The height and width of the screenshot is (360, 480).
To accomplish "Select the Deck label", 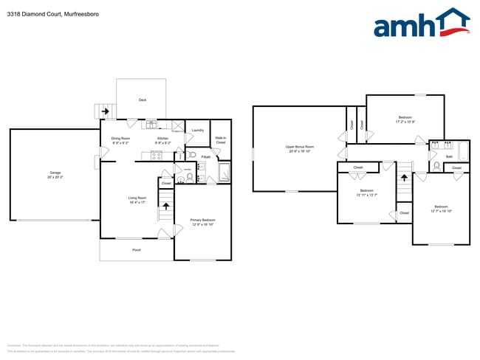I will (x=142, y=100).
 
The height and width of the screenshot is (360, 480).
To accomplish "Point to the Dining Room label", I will (x=120, y=138).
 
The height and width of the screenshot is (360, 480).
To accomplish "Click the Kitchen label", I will (x=163, y=138).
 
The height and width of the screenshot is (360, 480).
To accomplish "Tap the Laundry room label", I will (x=197, y=130).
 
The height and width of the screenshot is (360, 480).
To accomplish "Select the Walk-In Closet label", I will (x=220, y=139).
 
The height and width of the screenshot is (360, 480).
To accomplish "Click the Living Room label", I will (x=137, y=197).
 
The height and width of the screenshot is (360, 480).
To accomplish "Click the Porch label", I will (x=137, y=250).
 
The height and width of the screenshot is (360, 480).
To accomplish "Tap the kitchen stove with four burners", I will (x=157, y=155).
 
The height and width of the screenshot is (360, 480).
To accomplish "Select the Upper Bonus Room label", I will (x=300, y=147).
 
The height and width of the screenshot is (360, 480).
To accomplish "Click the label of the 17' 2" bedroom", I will (x=405, y=117).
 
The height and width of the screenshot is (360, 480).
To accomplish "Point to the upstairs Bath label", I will (x=449, y=156).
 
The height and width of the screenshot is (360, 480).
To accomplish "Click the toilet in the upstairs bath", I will (x=436, y=166).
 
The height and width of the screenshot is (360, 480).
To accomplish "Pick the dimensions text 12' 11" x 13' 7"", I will (x=366, y=195).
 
